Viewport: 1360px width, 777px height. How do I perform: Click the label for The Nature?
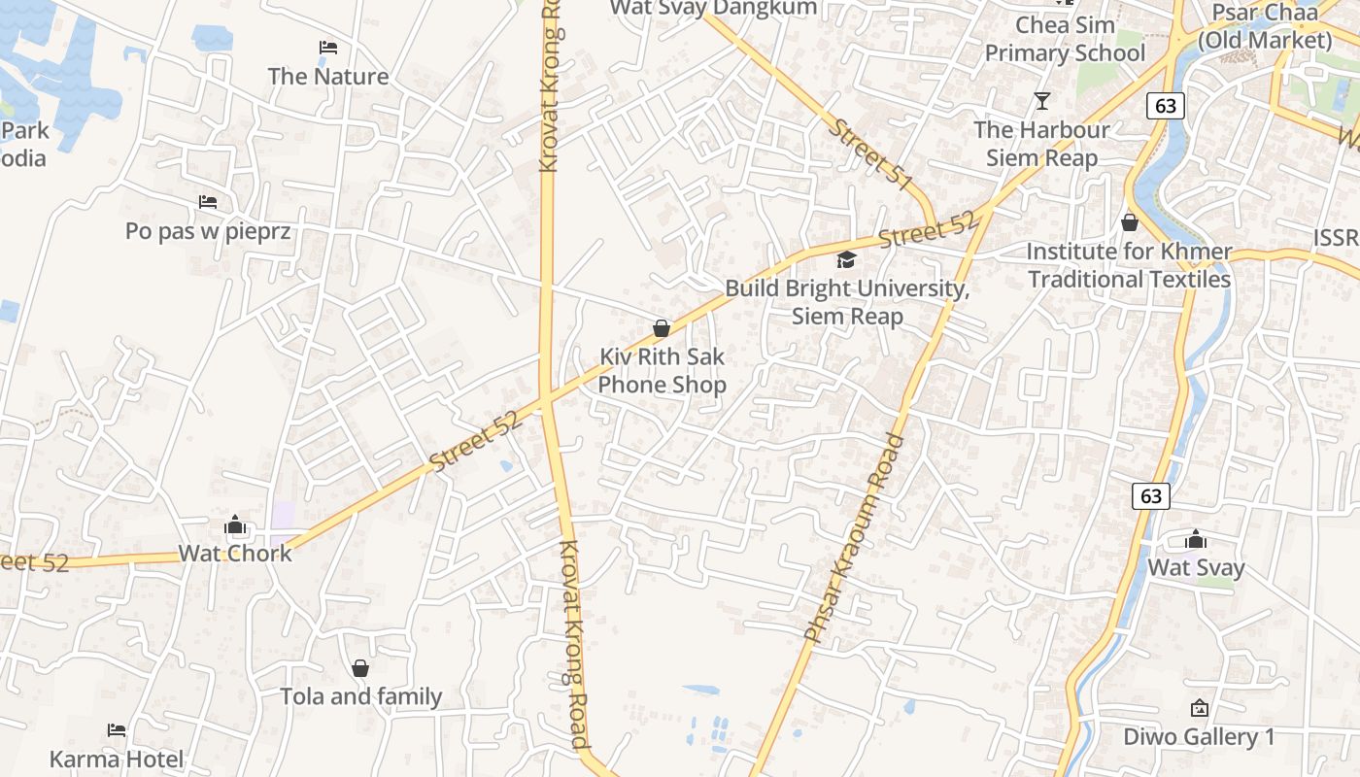[x=327, y=76]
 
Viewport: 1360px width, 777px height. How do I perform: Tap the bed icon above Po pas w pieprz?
[x=207, y=202]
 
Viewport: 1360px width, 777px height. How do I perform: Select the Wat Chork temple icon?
[x=235, y=525]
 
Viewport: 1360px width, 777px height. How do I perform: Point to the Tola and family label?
[x=360, y=696]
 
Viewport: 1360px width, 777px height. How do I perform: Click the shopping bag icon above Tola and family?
[x=360, y=668]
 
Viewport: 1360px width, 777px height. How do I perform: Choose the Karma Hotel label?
[x=117, y=759]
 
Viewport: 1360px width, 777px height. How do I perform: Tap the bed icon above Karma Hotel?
[x=117, y=729]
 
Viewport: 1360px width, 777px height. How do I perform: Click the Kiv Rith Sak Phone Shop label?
[x=662, y=371]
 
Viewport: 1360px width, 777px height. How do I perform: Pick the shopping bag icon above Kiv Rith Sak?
[x=662, y=328]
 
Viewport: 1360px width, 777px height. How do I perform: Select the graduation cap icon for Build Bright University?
[x=847, y=259]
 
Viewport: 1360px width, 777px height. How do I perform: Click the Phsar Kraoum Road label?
[x=856, y=537]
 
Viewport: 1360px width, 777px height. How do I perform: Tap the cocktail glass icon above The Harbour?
[x=1042, y=100]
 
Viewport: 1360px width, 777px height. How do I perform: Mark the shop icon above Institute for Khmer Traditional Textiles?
[x=1129, y=222]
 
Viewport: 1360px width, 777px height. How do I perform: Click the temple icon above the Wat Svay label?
[x=1196, y=539]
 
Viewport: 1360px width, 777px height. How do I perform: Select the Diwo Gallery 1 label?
[x=1199, y=737]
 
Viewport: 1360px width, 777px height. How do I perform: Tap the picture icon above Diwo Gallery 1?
[x=1199, y=708]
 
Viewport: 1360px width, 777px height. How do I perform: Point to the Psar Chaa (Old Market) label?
[x=1265, y=27]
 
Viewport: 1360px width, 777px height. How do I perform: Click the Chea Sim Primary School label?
[x=1065, y=39]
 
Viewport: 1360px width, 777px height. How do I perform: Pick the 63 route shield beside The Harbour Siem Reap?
[x=1166, y=105]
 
